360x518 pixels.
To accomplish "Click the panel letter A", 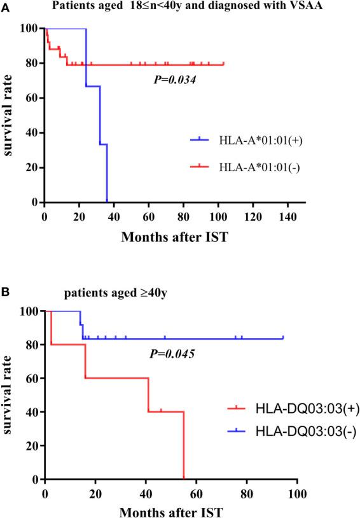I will point(5,6).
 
